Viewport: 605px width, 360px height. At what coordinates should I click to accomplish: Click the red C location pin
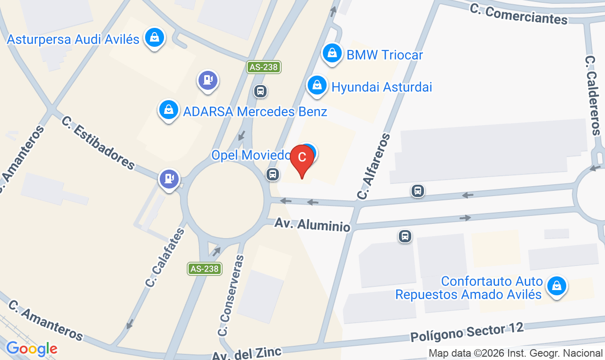click(302, 159)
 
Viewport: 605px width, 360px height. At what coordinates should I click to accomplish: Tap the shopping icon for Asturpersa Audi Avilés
click(154, 37)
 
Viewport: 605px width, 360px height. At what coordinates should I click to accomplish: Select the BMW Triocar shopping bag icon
click(333, 53)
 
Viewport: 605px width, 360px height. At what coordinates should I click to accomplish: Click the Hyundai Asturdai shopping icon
click(317, 86)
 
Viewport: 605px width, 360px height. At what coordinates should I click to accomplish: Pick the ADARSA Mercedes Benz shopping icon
click(168, 110)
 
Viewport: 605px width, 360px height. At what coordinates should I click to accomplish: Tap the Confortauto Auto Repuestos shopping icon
click(557, 286)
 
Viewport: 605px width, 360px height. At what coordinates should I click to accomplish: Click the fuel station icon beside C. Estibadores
click(169, 179)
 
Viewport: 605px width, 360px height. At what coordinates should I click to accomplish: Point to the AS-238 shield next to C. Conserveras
click(204, 269)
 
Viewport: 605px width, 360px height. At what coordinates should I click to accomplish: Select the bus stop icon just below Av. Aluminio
click(405, 236)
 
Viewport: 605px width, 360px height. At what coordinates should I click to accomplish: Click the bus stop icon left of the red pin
click(272, 174)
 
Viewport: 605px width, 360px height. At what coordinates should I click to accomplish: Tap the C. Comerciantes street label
click(519, 14)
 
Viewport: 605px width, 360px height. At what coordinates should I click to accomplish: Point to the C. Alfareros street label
click(374, 166)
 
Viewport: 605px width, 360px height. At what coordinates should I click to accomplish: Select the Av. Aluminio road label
click(312, 224)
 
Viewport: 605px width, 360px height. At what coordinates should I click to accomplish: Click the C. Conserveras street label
click(231, 295)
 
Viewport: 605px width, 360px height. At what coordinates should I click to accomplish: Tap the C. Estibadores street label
click(98, 142)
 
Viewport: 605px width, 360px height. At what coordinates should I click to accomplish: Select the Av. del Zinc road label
click(246, 354)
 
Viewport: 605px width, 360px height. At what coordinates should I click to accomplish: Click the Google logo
click(32, 349)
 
